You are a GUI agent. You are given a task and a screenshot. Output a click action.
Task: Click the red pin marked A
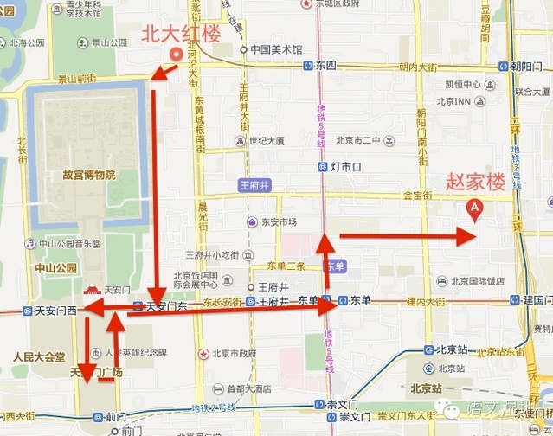point(474,208)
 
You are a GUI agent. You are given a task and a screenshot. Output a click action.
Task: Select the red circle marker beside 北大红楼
point(176,54)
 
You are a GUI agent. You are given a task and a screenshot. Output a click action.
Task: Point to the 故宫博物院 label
point(88,175)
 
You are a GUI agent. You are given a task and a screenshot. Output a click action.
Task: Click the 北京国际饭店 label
point(476,281)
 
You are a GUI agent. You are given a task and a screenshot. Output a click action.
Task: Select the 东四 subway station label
point(325,65)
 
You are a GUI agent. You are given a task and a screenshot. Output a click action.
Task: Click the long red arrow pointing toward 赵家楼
point(407,234)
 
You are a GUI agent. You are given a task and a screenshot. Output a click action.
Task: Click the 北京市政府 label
point(228,353)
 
